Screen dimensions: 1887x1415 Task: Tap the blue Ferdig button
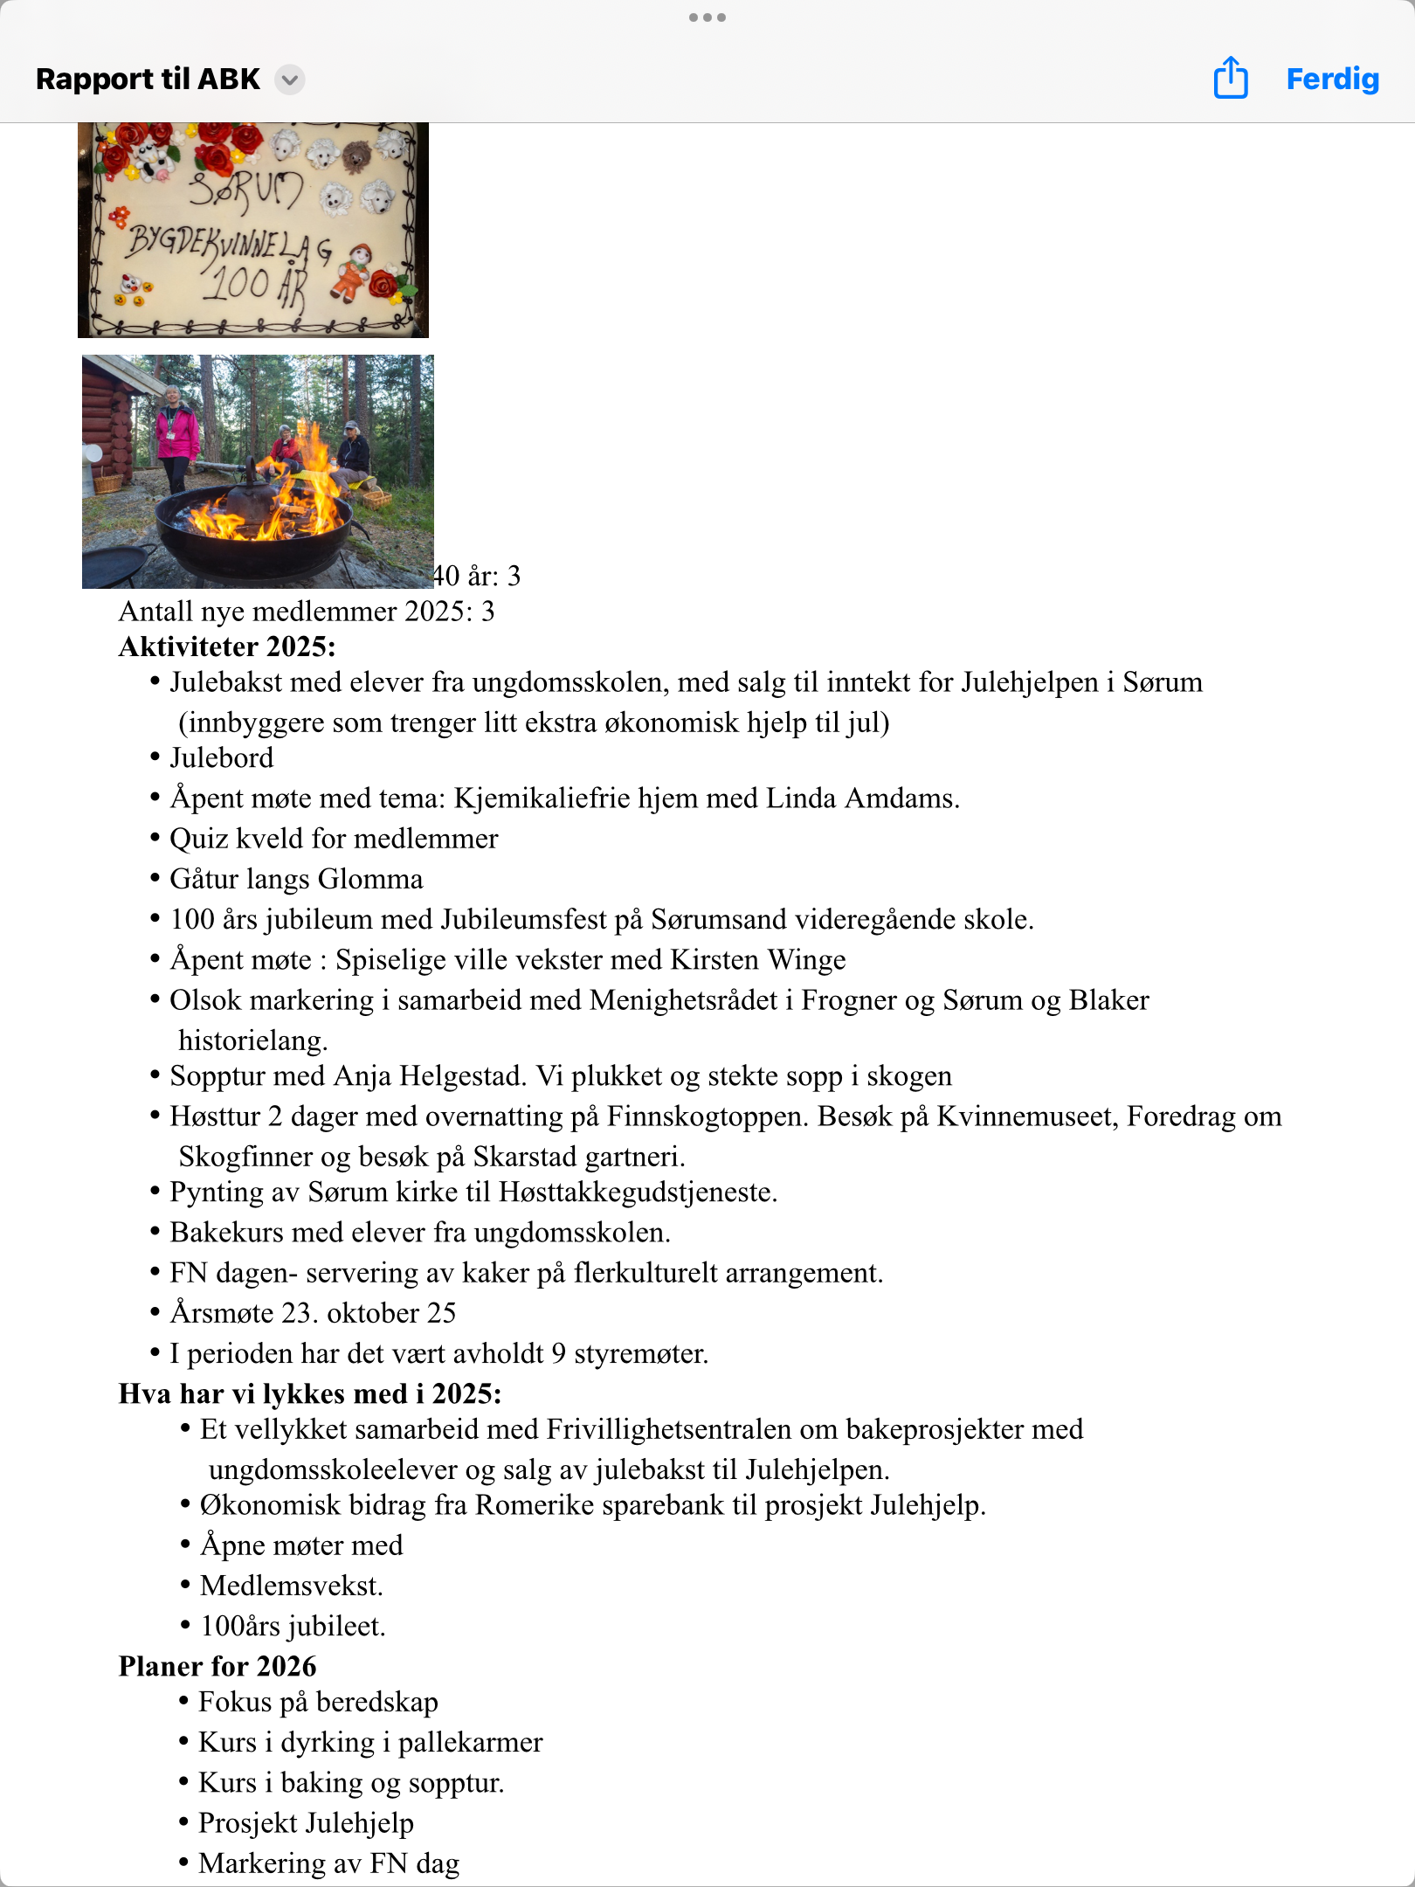[1332, 79]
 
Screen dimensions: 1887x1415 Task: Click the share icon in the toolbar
[1231, 78]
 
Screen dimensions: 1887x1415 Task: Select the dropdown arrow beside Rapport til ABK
[290, 80]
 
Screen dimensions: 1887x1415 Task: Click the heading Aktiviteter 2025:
[227, 646]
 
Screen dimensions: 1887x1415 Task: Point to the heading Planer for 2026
[217, 1666]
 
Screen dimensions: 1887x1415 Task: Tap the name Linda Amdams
[860, 798]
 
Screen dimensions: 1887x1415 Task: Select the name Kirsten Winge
[757, 959]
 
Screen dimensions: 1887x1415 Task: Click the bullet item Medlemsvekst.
[292, 1586]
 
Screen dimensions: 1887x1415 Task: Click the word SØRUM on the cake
[247, 190]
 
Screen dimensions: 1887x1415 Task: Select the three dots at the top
[707, 17]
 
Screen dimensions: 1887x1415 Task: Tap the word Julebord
[221, 758]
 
